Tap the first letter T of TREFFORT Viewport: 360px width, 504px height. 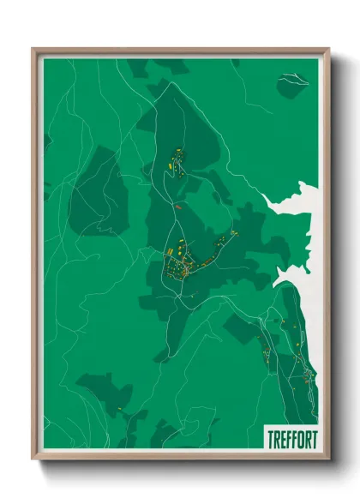pos(268,438)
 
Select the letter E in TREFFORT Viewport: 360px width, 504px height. pos(281,438)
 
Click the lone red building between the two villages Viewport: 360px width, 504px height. pos(178,207)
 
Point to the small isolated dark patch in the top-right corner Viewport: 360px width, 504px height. pos(291,83)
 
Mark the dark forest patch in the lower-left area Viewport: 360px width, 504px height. pos(103,390)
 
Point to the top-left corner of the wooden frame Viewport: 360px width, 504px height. pos(33,49)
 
